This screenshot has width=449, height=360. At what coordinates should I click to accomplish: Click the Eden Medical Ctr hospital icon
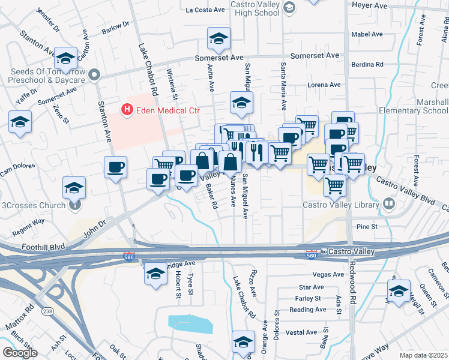(127, 109)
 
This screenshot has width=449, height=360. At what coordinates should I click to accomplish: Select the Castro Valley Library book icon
(389, 205)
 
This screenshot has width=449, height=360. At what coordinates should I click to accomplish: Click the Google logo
(20, 352)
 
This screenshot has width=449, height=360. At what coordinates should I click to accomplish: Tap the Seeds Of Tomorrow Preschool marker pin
(94, 75)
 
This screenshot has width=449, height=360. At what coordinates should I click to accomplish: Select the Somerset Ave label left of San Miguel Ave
(219, 58)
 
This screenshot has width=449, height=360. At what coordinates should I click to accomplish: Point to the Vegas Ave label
(328, 274)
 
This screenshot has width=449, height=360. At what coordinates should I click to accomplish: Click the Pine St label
(366, 227)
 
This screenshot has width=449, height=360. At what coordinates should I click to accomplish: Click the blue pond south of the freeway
(191, 323)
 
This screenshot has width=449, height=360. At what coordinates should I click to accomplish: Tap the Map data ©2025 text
(424, 355)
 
